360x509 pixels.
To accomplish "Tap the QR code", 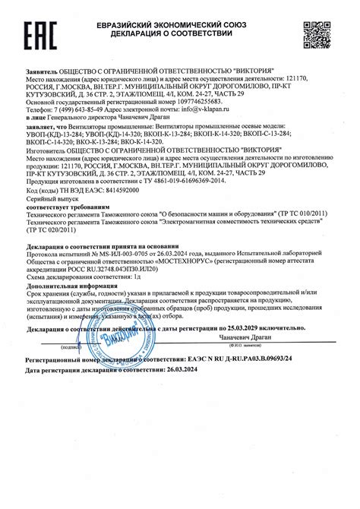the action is (x=318, y=35).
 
